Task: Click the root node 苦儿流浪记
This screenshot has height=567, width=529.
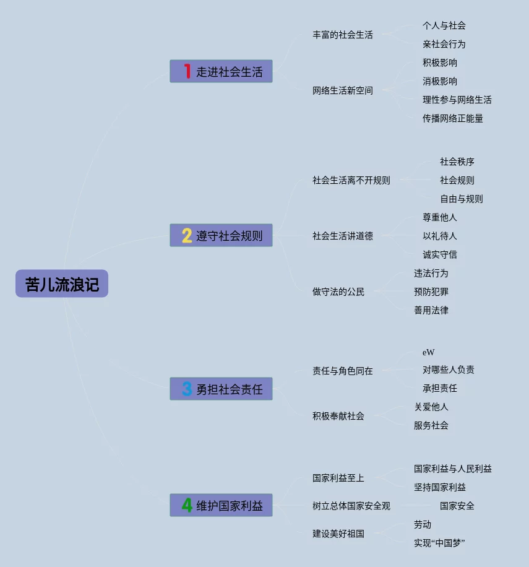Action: pos(62,283)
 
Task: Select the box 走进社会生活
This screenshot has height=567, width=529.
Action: pos(221,71)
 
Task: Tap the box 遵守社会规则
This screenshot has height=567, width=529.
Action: pos(221,235)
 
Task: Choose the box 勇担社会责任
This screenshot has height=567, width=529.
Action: pos(221,389)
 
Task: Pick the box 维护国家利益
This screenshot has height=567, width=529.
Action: pos(221,505)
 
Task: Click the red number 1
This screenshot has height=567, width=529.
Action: pos(187,71)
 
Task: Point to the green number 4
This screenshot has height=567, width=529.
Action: pos(187,505)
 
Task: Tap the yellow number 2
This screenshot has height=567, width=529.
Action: pos(187,235)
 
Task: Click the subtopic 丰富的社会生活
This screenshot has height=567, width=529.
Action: pos(343,35)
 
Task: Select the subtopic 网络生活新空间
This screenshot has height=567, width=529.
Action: pos(343,90)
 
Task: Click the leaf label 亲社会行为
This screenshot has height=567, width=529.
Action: pos(444,44)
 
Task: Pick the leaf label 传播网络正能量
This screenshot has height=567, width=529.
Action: pos(453,118)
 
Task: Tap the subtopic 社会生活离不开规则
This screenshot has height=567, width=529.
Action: pos(351,180)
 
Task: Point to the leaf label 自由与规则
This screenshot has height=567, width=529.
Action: pos(462,199)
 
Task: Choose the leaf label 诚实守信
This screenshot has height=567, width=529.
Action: pos(440,254)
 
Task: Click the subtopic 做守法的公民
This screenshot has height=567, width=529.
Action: pos(338,292)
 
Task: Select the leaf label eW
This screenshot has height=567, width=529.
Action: pos(429,352)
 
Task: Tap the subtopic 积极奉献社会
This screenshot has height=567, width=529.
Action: pos(338,416)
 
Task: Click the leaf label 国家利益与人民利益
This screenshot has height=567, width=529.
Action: pos(453,469)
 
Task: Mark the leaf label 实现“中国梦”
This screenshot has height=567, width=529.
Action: pos(439,543)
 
